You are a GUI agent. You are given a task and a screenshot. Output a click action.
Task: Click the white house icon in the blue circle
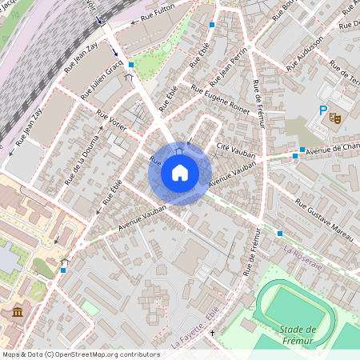pyautogui.click(x=180, y=172)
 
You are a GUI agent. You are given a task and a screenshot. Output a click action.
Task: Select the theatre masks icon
pyautogui.click(x=336, y=117)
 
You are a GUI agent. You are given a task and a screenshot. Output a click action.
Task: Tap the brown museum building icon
pyautogui.click(x=17, y=312)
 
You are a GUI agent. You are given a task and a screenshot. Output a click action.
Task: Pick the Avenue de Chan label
pyautogui.click(x=332, y=149)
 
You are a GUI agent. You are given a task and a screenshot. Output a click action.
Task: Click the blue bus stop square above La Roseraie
pyautogui.click(x=280, y=233)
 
